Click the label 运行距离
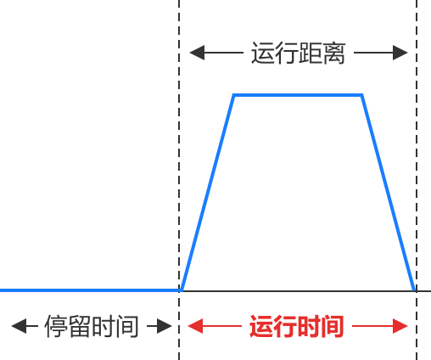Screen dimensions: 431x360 tap(299, 53)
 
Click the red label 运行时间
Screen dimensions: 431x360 tap(297, 326)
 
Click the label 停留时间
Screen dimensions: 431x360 tap(92, 326)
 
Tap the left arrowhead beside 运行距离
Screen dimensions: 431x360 tap(197, 53)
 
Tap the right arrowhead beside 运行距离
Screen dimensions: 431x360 tap(400, 53)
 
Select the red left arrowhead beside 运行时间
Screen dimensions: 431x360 tap(196, 326)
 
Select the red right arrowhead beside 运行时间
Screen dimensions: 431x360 tap(400, 326)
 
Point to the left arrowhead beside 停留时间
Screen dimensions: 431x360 tap(19, 326)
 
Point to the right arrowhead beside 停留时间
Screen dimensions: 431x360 tap(165, 326)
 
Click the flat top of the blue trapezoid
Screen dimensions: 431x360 tap(298, 95)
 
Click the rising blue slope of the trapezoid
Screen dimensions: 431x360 tap(208, 193)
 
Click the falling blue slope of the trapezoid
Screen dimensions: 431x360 tap(389, 193)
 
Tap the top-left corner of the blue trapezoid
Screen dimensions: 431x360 tap(234, 95)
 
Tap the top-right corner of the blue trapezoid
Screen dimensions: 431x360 tap(361, 95)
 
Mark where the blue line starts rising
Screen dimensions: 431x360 tap(182, 290)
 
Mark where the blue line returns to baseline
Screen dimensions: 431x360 tap(415, 290)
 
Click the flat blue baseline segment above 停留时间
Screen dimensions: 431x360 tap(91, 290)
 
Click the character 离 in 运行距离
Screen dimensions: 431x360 tap(334, 53)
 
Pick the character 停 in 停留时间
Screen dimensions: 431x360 tap(56, 326)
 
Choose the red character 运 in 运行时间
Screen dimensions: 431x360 tap(261, 326)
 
